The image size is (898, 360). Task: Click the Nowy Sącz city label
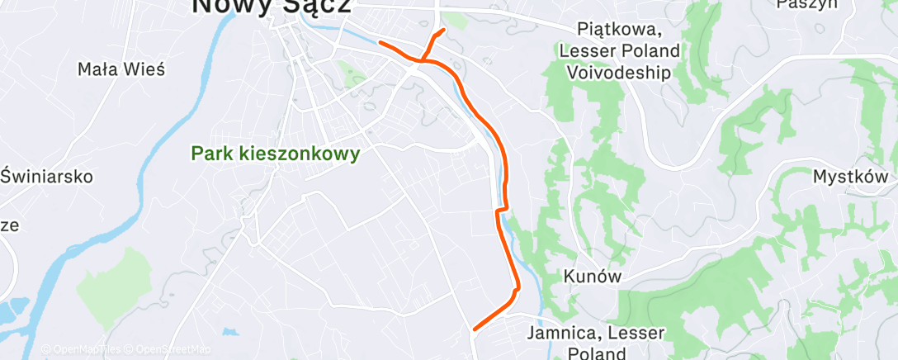tap(271, 6)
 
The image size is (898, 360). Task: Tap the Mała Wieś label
tap(121, 69)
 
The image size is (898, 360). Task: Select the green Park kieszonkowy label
tap(276, 154)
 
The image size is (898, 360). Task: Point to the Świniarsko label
tap(47, 176)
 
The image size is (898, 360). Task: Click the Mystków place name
tap(850, 177)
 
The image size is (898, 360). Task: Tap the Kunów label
tap(592, 276)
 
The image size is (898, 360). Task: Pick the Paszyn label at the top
tap(806, 3)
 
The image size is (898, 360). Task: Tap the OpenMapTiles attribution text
tap(82, 350)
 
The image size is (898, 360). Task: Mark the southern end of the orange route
tap(475, 329)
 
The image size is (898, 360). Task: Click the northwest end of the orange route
tap(380, 42)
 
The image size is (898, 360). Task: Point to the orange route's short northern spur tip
tap(444, 31)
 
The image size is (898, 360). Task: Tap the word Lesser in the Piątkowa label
tap(587, 51)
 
